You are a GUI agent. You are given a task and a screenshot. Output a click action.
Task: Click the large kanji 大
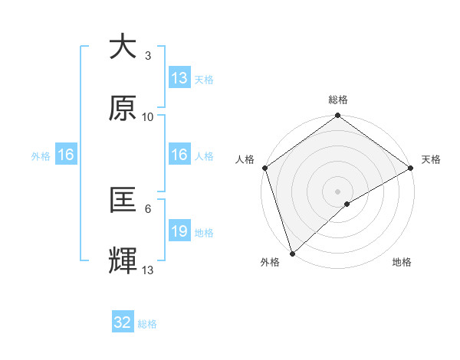coord(123,47)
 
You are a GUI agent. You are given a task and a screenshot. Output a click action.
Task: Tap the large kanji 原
coord(123,109)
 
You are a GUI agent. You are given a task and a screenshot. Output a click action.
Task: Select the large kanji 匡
coord(123,201)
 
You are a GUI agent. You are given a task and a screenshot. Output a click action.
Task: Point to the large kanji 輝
coord(123,261)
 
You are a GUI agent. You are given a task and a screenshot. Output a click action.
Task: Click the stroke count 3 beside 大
coord(147,56)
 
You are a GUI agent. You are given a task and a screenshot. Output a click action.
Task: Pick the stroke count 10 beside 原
coord(148,117)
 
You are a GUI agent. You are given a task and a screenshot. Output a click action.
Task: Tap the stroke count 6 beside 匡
coord(147,208)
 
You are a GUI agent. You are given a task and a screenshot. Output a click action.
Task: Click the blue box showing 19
coord(179,231)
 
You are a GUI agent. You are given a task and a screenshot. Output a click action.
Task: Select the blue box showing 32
coord(123,322)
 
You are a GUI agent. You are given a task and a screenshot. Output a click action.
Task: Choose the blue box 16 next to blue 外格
coord(66,155)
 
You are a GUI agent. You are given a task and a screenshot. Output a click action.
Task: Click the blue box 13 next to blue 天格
coord(179,78)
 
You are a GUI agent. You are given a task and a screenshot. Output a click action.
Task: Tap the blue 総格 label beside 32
coord(147,324)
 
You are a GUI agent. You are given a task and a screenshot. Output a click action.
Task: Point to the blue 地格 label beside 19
coord(204,232)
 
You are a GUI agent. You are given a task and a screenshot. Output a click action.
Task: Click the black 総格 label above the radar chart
coord(337,100)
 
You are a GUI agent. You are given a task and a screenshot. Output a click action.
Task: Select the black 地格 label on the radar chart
coord(402,263)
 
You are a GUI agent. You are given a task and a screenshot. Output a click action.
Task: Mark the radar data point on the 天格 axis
coord(410,168)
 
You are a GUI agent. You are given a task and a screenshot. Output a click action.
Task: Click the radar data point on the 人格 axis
coord(264,168)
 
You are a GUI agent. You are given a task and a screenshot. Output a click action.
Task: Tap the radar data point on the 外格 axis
coord(292,252)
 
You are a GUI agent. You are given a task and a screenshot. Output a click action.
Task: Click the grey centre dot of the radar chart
coord(337,190)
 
